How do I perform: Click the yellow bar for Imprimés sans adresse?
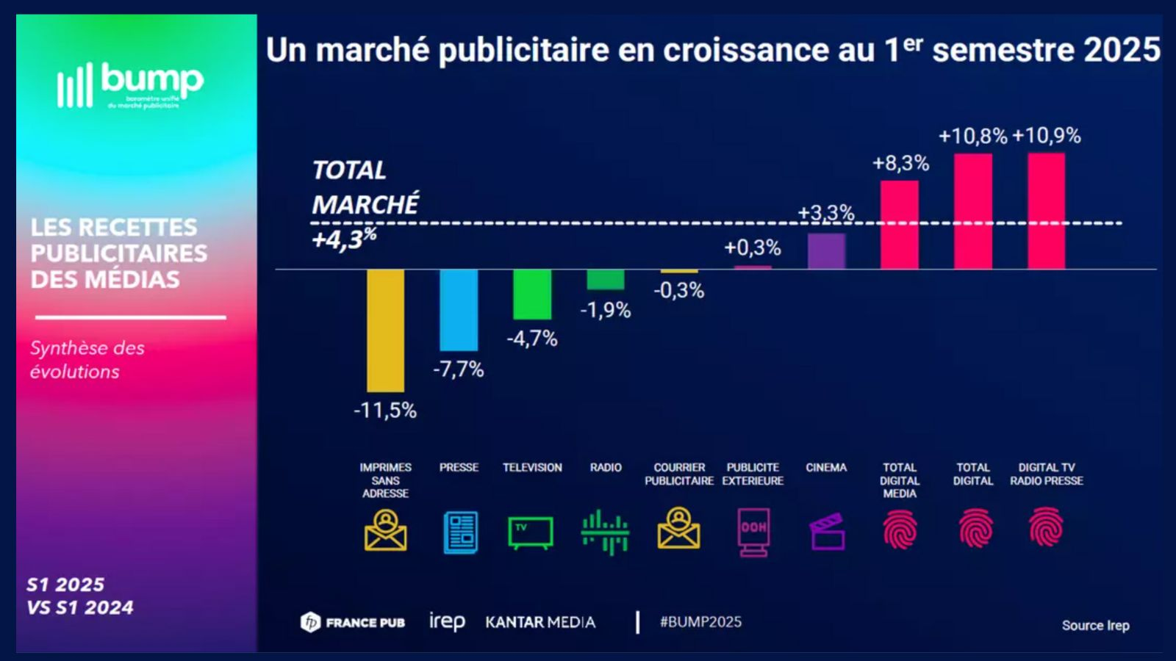(x=385, y=330)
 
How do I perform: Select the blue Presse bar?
(x=459, y=309)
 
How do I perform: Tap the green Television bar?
(x=532, y=294)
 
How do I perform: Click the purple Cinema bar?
(x=826, y=251)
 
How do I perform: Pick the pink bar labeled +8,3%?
(x=900, y=224)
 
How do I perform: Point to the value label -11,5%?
(x=385, y=410)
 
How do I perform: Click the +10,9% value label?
(x=1047, y=136)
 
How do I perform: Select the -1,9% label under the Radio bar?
(x=606, y=310)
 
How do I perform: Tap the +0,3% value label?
(x=753, y=248)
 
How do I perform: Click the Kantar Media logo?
(x=540, y=622)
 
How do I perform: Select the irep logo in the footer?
(x=447, y=622)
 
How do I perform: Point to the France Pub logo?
(x=353, y=622)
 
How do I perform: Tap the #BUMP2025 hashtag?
(x=700, y=622)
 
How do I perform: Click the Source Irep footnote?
(x=1095, y=626)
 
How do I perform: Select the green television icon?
(x=531, y=532)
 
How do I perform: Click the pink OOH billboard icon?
(x=753, y=531)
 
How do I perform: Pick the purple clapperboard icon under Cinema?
(x=827, y=532)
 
